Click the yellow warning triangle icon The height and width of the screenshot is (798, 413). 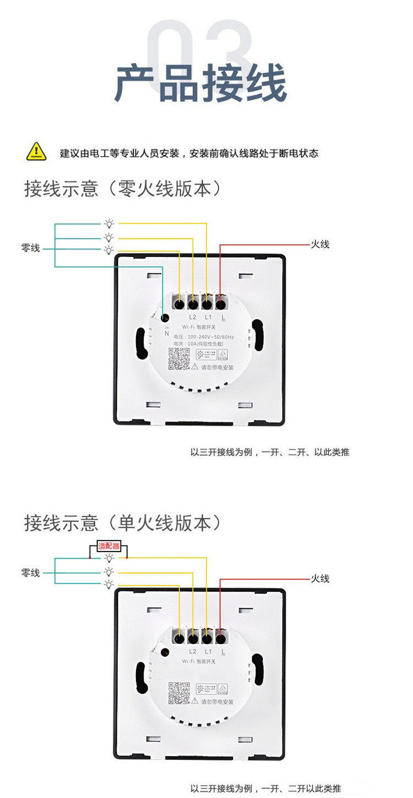pyautogui.click(x=36, y=151)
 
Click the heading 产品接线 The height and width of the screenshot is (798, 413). pyautogui.click(x=200, y=83)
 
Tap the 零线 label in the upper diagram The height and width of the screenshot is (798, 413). pyautogui.click(x=31, y=249)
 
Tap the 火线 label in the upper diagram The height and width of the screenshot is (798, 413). pyautogui.click(x=320, y=244)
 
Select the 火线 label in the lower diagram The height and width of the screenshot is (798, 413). pyautogui.click(x=320, y=579)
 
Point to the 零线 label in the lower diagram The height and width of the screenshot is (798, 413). pyautogui.click(x=31, y=573)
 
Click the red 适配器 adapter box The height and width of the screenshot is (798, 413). pyautogui.click(x=108, y=546)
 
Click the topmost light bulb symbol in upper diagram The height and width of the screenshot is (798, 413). pyautogui.click(x=110, y=224)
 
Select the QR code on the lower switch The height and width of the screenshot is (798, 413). pyautogui.click(x=178, y=693)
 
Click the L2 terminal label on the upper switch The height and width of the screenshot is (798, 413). pyautogui.click(x=193, y=317)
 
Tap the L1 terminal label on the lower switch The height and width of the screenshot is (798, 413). pyautogui.click(x=208, y=651)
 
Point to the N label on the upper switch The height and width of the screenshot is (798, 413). pyautogui.click(x=166, y=333)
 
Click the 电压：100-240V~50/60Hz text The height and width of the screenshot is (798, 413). pyautogui.click(x=203, y=336)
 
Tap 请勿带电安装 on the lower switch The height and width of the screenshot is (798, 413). pyautogui.click(x=218, y=702)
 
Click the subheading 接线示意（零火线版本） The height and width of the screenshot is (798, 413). pyautogui.click(x=123, y=189)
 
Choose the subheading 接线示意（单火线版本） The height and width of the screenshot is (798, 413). pyautogui.click(x=123, y=523)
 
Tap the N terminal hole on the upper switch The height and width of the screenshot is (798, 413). pyautogui.click(x=165, y=318)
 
